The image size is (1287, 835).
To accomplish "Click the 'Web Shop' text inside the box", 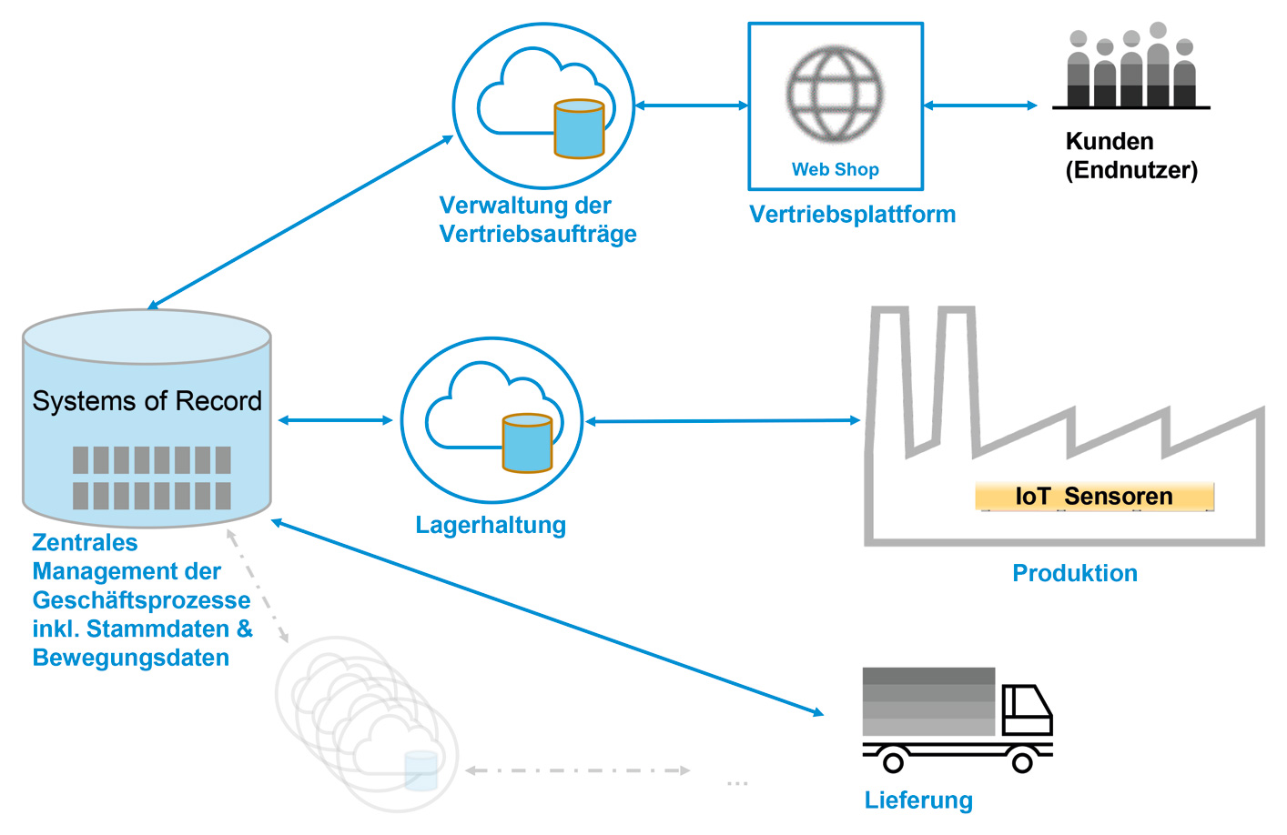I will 835,169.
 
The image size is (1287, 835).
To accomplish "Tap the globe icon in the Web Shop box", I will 835,94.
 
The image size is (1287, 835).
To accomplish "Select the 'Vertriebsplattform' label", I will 852,215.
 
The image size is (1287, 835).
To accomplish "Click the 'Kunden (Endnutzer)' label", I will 1130,156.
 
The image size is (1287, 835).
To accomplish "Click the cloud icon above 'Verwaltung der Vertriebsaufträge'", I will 543,106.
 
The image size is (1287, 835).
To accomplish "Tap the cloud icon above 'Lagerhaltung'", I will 491,419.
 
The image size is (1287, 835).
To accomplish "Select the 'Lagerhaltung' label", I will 491,525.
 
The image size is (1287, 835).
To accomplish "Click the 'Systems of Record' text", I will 147,401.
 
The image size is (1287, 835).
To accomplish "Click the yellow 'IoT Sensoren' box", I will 1094,496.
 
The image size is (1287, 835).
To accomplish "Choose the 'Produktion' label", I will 1075,573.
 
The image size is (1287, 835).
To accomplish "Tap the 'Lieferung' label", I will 918,800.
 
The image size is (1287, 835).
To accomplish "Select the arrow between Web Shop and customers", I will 980,106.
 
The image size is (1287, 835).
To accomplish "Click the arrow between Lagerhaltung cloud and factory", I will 723,421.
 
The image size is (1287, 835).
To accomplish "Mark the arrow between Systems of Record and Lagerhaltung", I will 335,420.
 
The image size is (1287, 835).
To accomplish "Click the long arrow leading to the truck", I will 546,617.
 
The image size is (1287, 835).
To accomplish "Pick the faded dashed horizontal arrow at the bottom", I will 578,770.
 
